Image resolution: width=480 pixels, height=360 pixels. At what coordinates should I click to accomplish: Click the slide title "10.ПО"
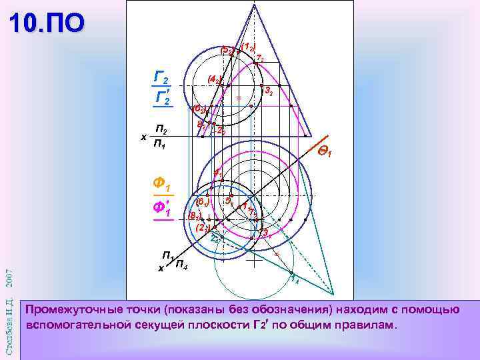(x=48, y=23)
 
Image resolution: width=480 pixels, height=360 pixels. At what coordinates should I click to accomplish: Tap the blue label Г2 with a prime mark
(x=162, y=98)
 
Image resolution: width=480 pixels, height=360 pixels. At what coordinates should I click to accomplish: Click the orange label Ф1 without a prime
(x=161, y=182)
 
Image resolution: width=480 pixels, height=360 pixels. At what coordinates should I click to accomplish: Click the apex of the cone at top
(x=253, y=5)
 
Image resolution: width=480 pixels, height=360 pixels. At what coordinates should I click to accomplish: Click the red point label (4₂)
(x=215, y=80)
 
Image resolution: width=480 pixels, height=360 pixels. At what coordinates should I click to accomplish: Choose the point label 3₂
(x=268, y=91)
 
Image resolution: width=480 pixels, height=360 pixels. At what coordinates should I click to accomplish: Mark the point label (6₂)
(x=200, y=109)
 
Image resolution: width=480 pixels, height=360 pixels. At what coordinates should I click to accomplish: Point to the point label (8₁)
(x=195, y=215)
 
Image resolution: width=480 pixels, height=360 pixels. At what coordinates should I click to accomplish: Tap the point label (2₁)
(x=203, y=227)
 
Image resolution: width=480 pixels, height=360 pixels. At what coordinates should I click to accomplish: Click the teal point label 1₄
(x=293, y=280)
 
